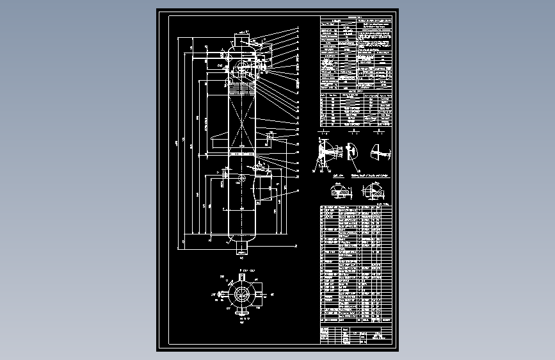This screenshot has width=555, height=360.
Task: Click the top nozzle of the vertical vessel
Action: [x=242, y=38]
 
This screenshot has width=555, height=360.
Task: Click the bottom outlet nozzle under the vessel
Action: [x=242, y=247]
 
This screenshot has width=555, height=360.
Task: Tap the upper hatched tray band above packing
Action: [x=242, y=86]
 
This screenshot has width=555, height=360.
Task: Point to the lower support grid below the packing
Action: [x=242, y=154]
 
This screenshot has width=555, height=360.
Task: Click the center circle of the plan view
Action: [x=241, y=294]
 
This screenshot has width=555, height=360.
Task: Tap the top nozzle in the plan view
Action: [x=241, y=277]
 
